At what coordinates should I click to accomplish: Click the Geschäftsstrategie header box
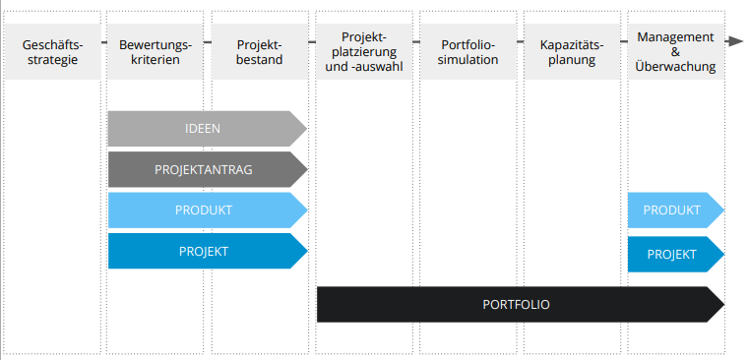coord(52,51)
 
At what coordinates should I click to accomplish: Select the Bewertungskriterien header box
coord(156,51)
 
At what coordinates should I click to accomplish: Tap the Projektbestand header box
coord(260,51)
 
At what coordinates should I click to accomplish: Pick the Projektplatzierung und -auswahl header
coord(364,51)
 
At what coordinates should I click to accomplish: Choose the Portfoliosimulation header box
coord(468,51)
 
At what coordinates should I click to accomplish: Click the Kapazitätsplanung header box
coord(572,51)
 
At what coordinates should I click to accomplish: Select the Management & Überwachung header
coord(676,51)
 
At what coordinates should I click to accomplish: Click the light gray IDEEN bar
coord(208,129)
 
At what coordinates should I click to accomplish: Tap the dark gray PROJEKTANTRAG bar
coord(208,169)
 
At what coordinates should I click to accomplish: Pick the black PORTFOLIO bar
coord(521,305)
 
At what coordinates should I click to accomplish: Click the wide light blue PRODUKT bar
coord(208,210)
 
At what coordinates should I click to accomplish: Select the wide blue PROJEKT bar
coord(208,251)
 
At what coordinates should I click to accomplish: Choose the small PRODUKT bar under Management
coord(676,210)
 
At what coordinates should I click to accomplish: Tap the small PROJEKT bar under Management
coord(676,254)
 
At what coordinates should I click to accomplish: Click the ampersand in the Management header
coord(675,51)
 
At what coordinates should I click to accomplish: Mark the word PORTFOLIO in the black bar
coord(516,305)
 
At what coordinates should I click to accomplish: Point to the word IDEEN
coord(203,129)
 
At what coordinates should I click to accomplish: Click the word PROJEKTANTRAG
coord(204,169)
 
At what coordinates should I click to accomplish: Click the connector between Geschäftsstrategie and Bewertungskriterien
coord(104,42)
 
